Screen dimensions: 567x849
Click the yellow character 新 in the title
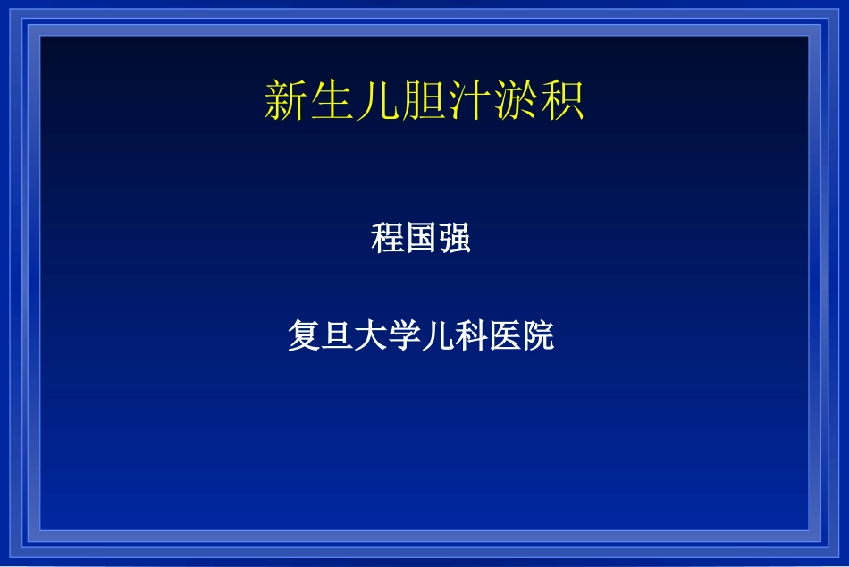[287, 101]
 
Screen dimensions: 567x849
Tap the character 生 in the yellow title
[332, 101]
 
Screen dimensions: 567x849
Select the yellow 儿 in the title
[378, 101]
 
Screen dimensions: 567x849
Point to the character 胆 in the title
[424, 101]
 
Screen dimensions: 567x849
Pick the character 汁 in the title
[469, 101]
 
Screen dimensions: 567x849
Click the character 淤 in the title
[516, 101]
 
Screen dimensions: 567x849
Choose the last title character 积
[562, 101]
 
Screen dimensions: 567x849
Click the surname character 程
[388, 239]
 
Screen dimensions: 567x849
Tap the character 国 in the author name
[421, 239]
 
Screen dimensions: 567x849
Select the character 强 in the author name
[454, 239]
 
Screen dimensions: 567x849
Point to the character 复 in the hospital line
[304, 335]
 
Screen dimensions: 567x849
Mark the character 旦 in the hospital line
[337, 335]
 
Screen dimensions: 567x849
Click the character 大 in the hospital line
[371, 335]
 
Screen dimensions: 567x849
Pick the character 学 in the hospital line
[404, 335]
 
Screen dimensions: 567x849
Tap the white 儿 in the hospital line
[438, 335]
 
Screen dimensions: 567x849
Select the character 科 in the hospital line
[471, 335]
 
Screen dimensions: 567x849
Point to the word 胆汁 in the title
[447, 101]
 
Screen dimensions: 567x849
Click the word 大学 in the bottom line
[388, 335]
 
